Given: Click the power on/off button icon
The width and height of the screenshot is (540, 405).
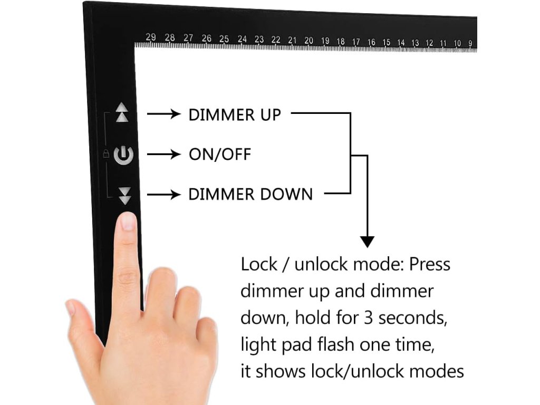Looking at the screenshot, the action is pyautogui.click(x=123, y=155).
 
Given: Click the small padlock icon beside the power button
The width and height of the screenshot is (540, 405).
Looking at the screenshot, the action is pyautogui.click(x=106, y=154).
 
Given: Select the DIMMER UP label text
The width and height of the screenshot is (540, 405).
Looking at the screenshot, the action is pyautogui.click(x=235, y=114).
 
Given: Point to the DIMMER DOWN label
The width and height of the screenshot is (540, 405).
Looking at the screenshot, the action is pyautogui.click(x=250, y=195).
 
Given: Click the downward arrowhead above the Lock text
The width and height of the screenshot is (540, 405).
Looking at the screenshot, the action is pyautogui.click(x=367, y=242).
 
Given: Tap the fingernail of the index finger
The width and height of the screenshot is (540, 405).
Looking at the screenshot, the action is pyautogui.click(x=128, y=221).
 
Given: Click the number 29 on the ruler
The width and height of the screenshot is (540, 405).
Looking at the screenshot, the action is pyautogui.click(x=151, y=37).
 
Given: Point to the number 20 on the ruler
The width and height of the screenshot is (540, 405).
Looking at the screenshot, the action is pyautogui.click(x=309, y=41).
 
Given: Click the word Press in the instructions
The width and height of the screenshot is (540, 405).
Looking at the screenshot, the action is pyautogui.click(x=429, y=264).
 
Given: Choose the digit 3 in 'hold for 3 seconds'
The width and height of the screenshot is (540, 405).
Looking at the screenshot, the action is pyautogui.click(x=367, y=318).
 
